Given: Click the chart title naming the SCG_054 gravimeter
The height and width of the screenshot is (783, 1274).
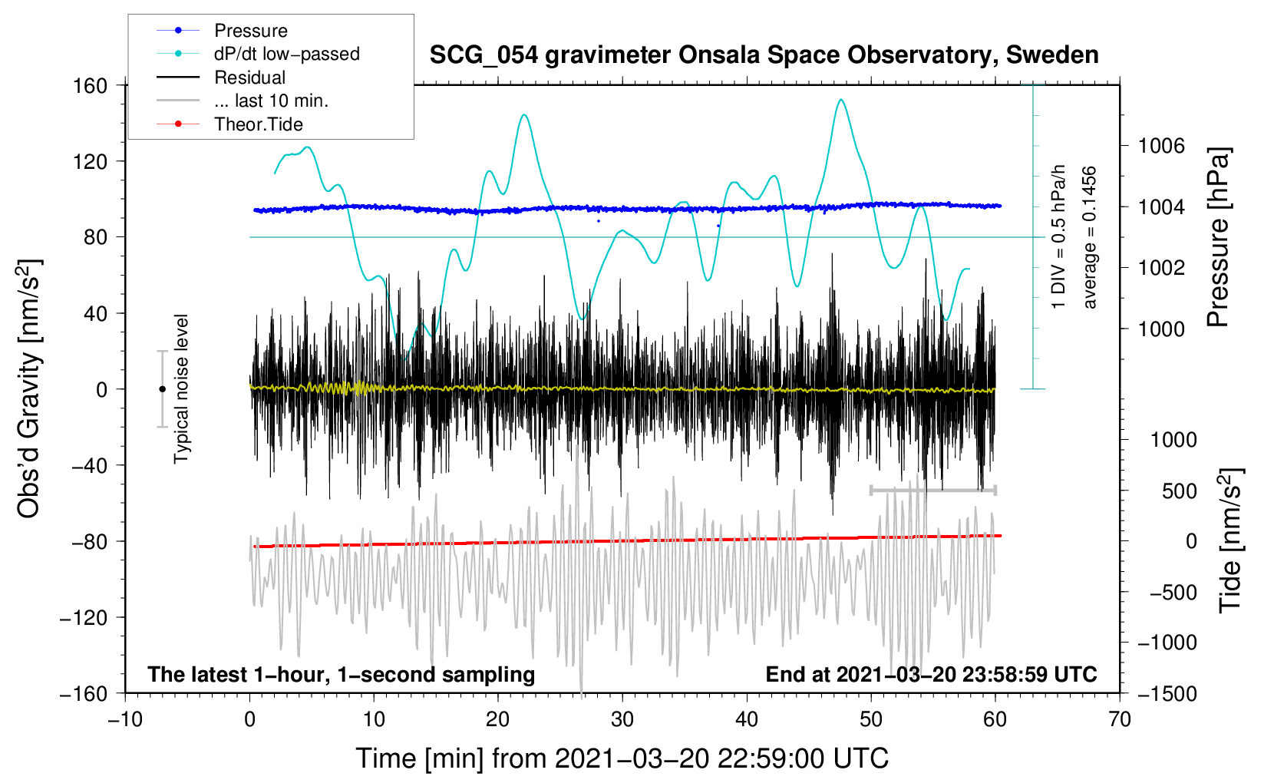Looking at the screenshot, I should point(764,55).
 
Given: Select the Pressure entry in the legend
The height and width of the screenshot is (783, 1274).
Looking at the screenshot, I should point(250,31).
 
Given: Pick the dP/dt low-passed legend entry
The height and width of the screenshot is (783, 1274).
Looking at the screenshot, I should point(286,54).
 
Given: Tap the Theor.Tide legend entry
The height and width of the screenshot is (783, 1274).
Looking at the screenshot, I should point(258,124).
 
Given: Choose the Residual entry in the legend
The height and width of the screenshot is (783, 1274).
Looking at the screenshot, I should point(249,78).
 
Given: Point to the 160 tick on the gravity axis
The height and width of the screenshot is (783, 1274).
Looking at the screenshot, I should point(91,85).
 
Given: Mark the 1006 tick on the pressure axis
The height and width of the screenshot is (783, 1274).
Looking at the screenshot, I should point(1161,146).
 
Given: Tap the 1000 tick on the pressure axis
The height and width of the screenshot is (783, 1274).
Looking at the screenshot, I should point(1161,329).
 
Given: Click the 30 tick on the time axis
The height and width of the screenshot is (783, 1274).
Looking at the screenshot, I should point(622,719).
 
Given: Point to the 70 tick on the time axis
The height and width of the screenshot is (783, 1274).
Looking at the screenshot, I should point(1120,719).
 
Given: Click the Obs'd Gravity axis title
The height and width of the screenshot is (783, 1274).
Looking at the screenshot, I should point(29,389).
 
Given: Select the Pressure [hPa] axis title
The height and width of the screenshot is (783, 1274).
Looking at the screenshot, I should point(1218,238).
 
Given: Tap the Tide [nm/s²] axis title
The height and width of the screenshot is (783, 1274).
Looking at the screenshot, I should point(1230,540).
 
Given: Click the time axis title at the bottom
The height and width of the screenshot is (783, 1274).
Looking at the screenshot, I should point(622,758).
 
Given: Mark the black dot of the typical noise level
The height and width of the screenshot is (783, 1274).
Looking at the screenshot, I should point(162,389).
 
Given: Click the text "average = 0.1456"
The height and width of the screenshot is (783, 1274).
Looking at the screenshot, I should point(1090,238).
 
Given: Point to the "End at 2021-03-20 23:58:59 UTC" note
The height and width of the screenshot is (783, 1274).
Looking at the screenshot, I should point(931,675).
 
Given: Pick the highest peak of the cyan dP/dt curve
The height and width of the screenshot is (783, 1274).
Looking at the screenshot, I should point(841,100).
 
